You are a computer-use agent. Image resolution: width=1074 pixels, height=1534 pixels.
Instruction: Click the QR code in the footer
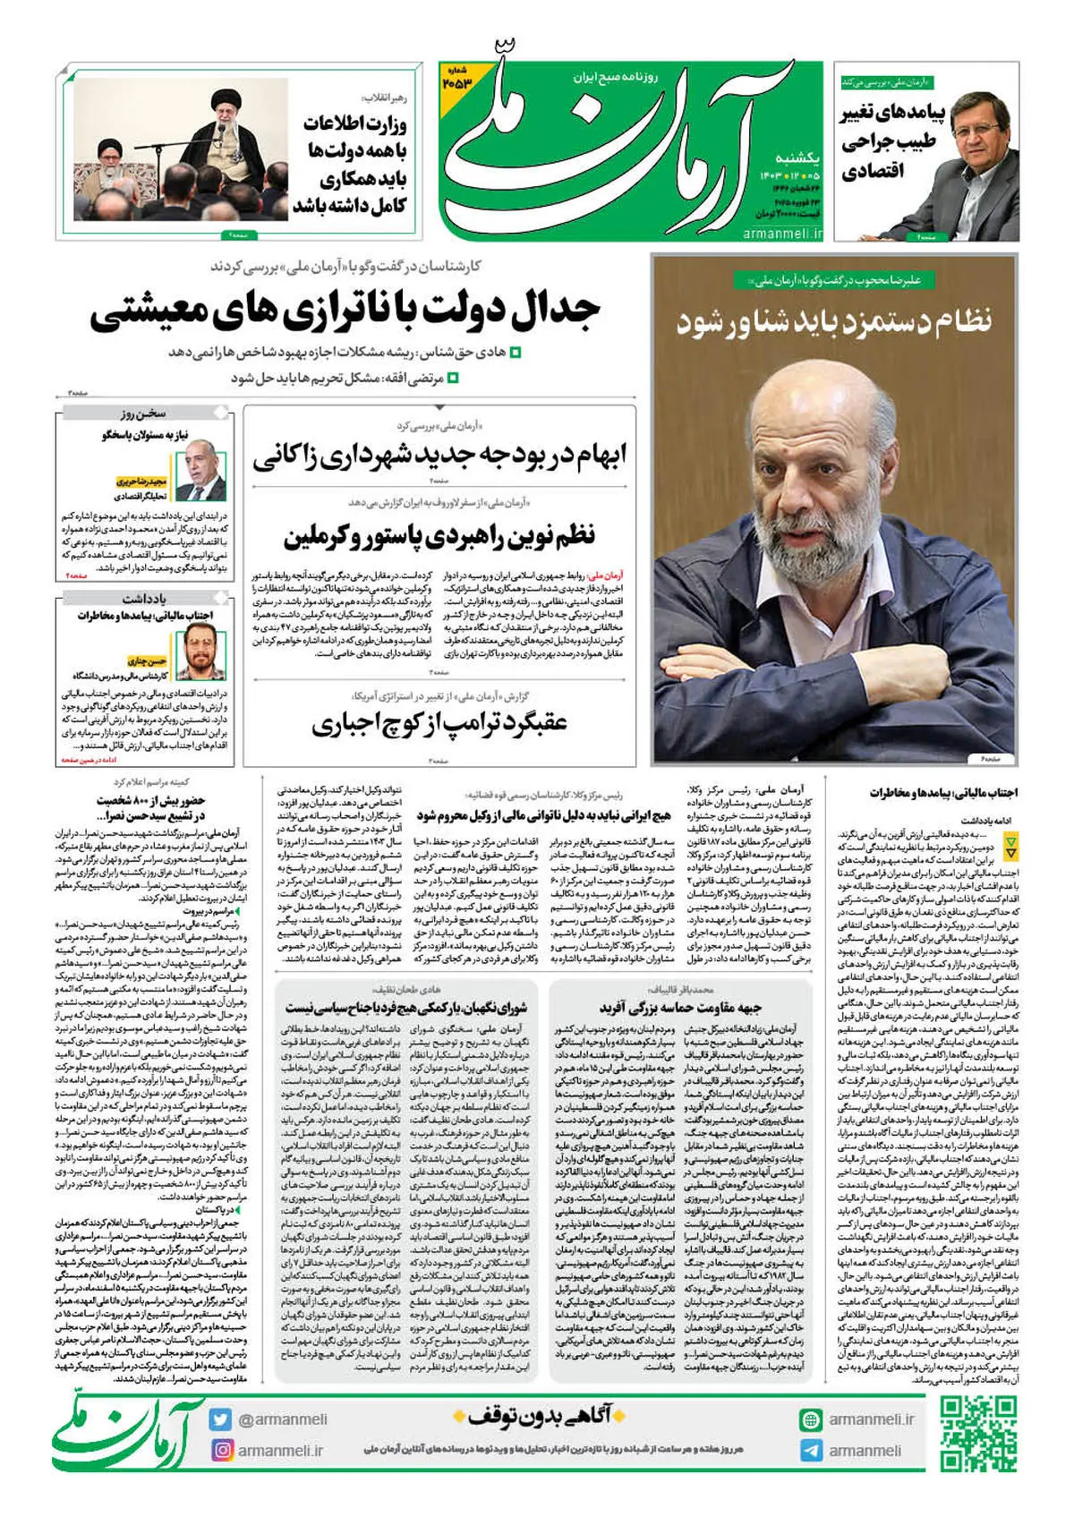(978, 1434)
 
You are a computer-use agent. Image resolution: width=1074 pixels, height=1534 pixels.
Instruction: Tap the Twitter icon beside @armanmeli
(220, 1419)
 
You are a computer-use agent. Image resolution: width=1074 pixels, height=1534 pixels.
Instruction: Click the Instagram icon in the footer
(221, 1450)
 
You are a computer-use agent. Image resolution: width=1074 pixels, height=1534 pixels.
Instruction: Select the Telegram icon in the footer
(811, 1450)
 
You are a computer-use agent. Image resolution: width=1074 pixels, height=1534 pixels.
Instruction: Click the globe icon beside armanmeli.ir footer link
(811, 1419)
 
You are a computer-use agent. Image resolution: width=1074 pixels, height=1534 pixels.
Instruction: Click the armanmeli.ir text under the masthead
(782, 234)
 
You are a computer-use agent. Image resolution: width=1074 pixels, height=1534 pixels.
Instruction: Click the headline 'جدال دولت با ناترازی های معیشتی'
(345, 311)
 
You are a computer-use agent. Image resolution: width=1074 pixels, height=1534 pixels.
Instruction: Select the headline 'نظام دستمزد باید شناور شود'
(834, 321)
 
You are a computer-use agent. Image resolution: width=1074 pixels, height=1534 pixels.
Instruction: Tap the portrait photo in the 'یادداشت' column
(201, 651)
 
